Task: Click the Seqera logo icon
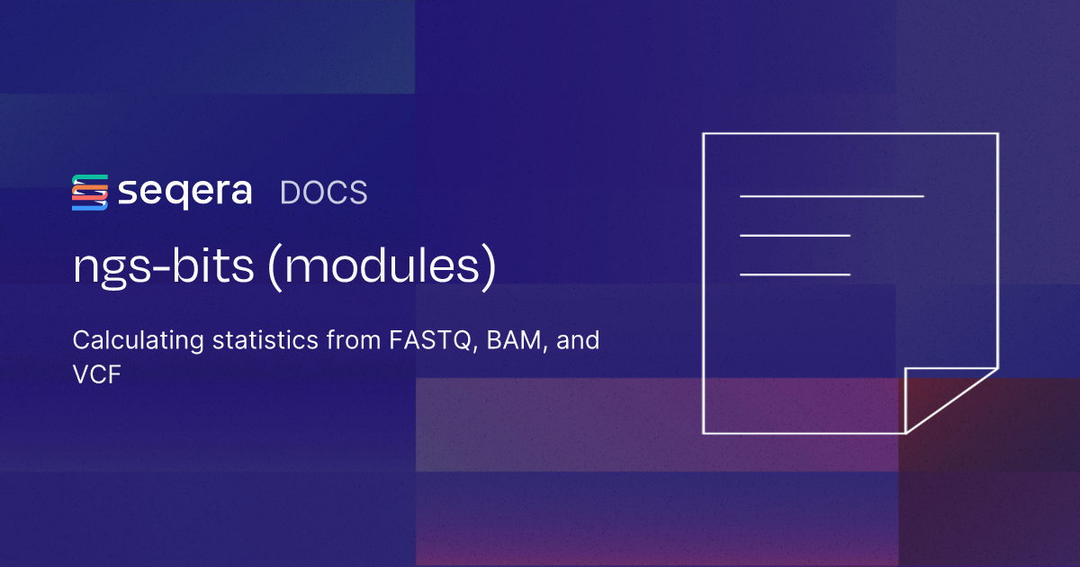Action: tap(89, 193)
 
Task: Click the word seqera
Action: tap(184, 193)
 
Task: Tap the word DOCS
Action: tap(324, 193)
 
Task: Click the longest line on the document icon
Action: tap(832, 195)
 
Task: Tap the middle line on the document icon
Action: tap(795, 236)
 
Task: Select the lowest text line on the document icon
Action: tap(795, 274)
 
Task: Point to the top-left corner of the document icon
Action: tap(704, 134)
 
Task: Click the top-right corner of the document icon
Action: tap(996, 134)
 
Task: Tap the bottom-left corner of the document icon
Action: tap(704, 433)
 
